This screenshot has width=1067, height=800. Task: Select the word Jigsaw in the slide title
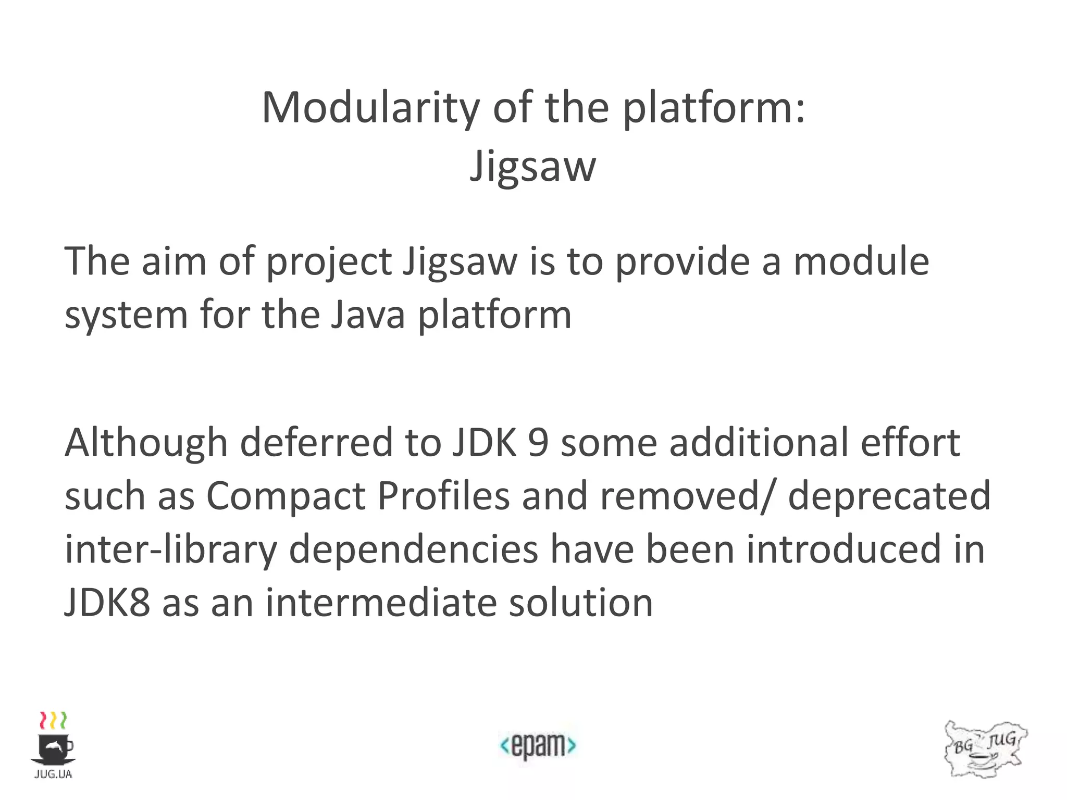click(532, 167)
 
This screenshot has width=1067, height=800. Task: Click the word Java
click(368, 315)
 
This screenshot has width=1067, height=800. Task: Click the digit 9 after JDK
click(538, 443)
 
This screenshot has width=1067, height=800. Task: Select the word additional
click(759, 443)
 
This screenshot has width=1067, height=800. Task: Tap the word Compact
click(286, 496)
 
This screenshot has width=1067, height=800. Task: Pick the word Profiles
click(443, 496)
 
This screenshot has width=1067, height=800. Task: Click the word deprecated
click(889, 496)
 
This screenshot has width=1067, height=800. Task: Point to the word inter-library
click(171, 550)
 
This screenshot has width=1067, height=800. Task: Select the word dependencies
click(414, 550)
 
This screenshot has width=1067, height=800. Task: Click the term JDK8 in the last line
click(107, 603)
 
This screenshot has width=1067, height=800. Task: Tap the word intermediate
click(381, 603)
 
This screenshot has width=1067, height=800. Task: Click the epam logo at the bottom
click(538, 746)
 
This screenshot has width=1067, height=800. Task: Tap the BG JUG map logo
click(985, 749)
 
